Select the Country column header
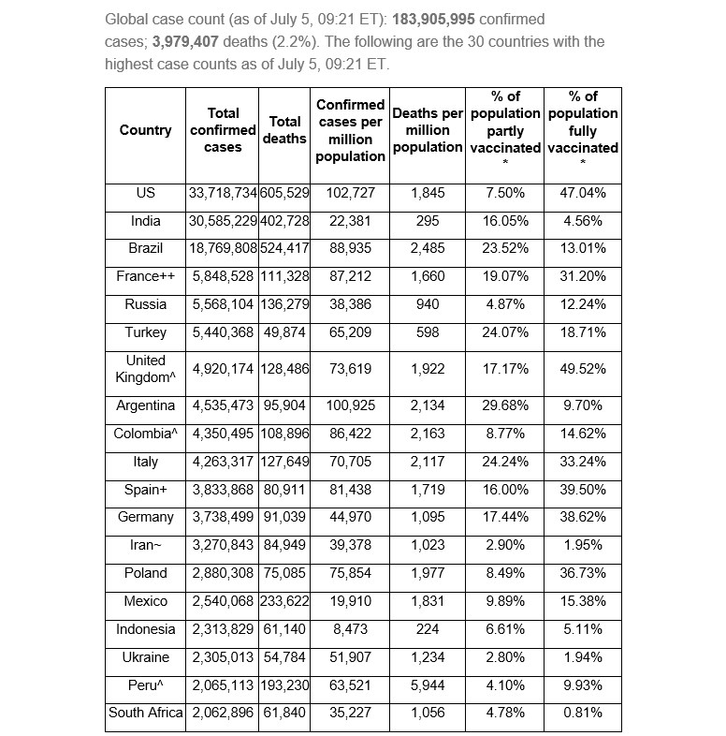click(x=145, y=130)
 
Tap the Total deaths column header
click(x=284, y=130)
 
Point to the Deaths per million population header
click(x=428, y=130)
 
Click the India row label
click(x=145, y=221)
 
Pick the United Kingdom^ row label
click(x=145, y=369)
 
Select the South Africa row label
click(x=145, y=713)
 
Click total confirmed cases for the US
click(x=223, y=193)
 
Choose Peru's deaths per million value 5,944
click(x=428, y=684)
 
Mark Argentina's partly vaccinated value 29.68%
click(x=505, y=405)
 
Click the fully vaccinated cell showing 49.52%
click(x=583, y=369)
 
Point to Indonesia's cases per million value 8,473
click(x=350, y=629)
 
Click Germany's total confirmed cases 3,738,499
click(x=223, y=517)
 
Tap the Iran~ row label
click(x=145, y=545)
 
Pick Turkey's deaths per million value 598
click(x=428, y=332)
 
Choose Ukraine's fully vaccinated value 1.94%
click(x=583, y=657)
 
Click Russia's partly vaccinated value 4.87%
click(x=505, y=304)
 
